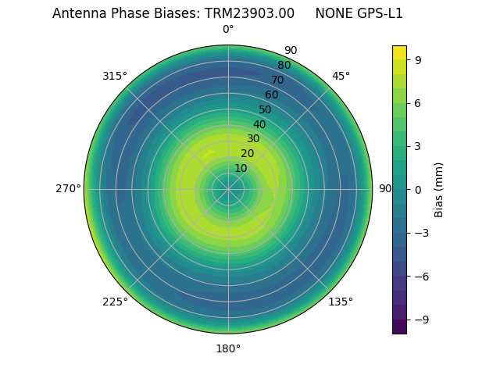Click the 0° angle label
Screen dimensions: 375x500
tap(228, 30)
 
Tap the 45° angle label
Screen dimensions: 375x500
tap(341, 76)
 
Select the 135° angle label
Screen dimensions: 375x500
tap(341, 302)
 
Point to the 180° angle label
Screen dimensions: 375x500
tap(228, 348)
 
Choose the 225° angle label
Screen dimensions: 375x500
tap(115, 302)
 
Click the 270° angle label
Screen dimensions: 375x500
tap(68, 189)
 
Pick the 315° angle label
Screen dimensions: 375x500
tap(115, 76)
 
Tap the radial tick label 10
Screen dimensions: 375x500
tap(241, 168)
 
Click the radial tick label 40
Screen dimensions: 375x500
tap(259, 124)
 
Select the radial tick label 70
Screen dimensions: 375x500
tap(277, 80)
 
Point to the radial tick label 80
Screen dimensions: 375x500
tap(284, 65)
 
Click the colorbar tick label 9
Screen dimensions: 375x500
tap(419, 59)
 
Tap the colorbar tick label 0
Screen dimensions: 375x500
tap(419, 189)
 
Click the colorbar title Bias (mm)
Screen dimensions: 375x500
tap(439, 189)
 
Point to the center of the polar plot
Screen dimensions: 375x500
tap(228, 189)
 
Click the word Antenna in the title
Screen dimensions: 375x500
tap(77, 13)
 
